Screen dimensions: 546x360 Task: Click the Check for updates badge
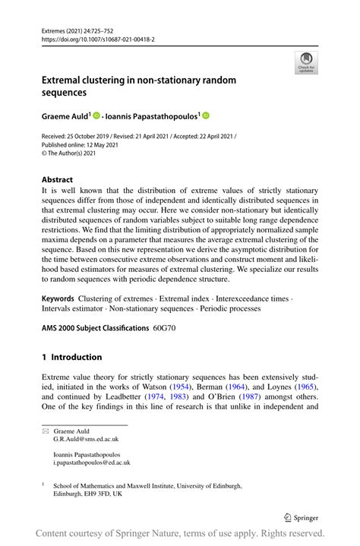pyautogui.click(x=306, y=62)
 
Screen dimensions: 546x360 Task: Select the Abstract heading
pyautogui.click(x=57, y=180)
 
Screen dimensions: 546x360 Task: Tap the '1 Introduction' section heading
pyautogui.click(x=71, y=357)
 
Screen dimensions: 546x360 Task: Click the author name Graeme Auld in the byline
pyautogui.click(x=65, y=116)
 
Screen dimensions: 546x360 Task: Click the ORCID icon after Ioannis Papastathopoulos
pyautogui.click(x=206, y=116)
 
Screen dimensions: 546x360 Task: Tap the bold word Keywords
pyautogui.click(x=58, y=298)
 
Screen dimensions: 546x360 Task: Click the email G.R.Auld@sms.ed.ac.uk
pyautogui.click(x=86, y=439)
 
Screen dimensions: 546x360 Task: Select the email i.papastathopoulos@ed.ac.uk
pyautogui.click(x=92, y=462)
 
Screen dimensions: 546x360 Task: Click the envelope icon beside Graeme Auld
pyautogui.click(x=45, y=431)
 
